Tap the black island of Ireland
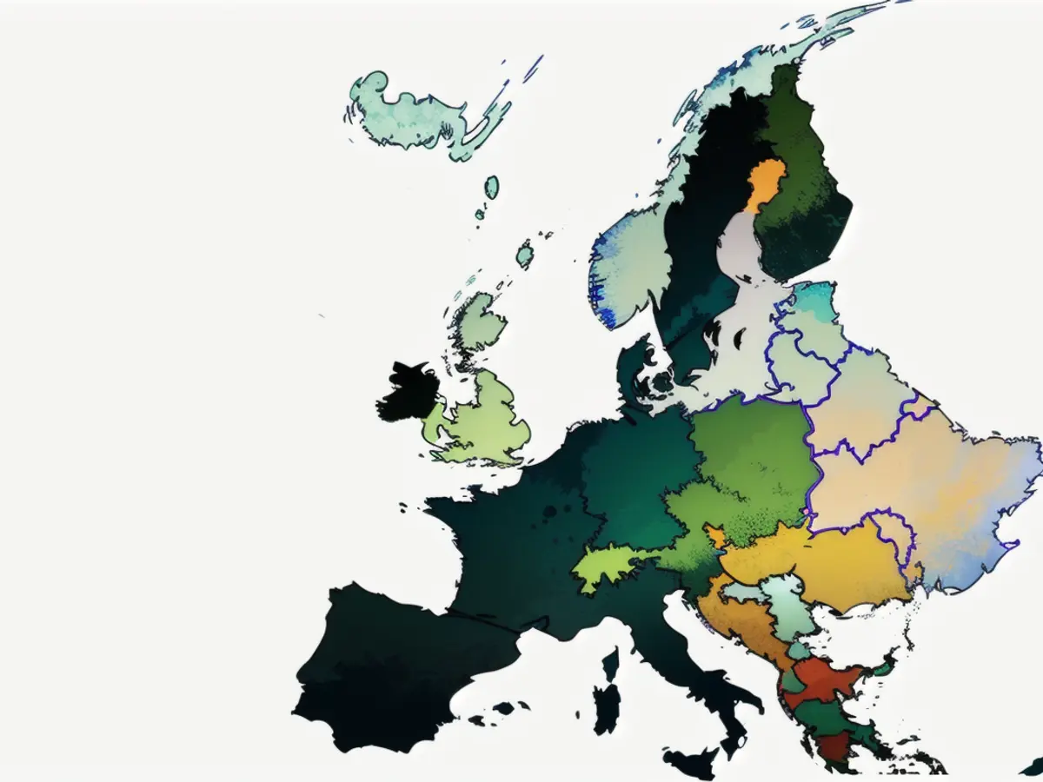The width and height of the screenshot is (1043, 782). pyautogui.click(x=407, y=391)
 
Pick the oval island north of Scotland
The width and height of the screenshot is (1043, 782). pyautogui.click(x=492, y=186)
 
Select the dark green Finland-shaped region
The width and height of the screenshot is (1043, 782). pyautogui.click(x=804, y=191)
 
